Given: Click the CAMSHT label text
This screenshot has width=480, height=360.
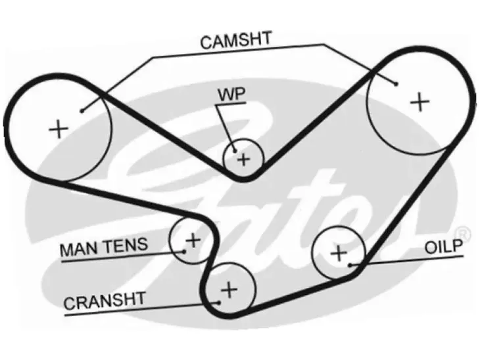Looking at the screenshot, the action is (235, 40).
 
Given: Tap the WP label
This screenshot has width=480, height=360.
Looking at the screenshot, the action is (231, 95).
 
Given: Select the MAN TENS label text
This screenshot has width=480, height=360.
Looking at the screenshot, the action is (104, 247).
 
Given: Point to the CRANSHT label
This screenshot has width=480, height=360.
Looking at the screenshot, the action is (105, 300).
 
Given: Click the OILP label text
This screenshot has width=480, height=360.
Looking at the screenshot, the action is (443, 246).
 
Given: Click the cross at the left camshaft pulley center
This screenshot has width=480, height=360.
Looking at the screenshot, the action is (59, 129).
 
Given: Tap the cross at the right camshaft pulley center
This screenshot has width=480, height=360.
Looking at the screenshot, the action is (420, 102).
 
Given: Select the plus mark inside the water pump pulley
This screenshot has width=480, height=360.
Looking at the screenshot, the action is (244, 160).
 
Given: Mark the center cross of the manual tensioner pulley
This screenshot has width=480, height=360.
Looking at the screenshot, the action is (193, 240).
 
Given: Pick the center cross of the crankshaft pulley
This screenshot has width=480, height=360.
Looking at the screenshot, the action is (229, 289).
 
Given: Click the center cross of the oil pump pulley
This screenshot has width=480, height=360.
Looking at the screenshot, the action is (339, 253).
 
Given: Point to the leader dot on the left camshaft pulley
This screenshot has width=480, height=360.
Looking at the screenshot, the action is (82, 111).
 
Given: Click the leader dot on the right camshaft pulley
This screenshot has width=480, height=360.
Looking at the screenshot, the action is (396, 84).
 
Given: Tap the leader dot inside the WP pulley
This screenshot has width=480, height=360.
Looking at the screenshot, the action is (235, 150).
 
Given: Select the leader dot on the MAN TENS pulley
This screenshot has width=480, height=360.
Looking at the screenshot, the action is (184, 252).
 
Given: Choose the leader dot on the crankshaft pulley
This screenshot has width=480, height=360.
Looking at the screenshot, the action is (218, 302).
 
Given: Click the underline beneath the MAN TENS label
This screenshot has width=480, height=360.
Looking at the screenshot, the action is (122, 257).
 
